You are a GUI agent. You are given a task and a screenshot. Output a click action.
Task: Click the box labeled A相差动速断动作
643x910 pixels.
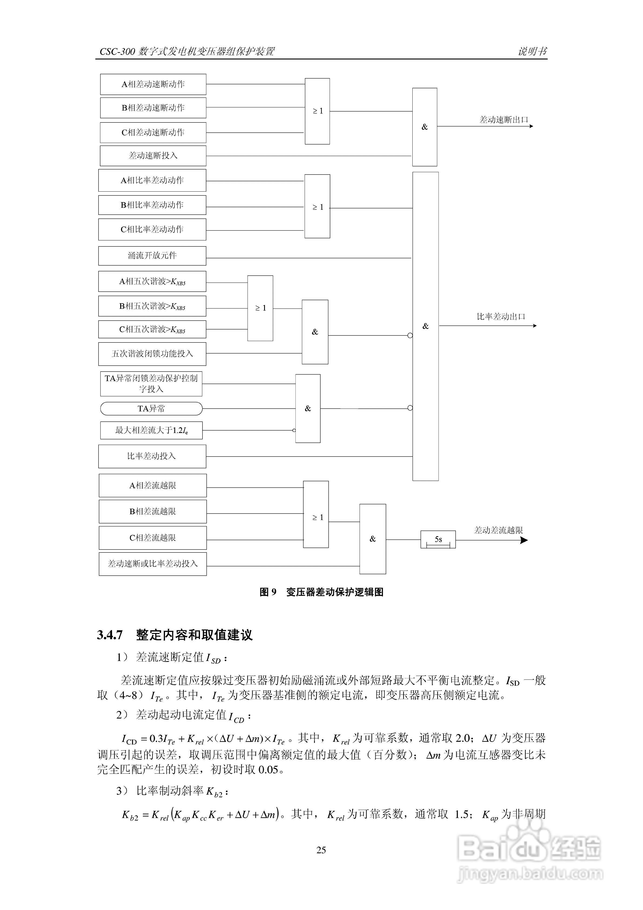coord(153,84)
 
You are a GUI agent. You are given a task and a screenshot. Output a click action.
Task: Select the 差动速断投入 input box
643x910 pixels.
coord(153,155)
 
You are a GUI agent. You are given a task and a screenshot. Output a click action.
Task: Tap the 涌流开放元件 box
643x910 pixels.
coord(152,256)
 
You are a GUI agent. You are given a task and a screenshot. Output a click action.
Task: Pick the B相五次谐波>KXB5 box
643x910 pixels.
coord(152,306)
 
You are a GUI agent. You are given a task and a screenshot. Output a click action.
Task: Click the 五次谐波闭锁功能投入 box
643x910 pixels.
coord(152,354)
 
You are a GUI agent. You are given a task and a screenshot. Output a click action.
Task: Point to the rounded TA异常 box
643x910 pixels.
coord(151,408)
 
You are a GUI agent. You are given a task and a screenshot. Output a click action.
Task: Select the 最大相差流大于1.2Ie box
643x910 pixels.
coord(151,430)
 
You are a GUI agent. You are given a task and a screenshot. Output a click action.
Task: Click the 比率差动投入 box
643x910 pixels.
coord(152,456)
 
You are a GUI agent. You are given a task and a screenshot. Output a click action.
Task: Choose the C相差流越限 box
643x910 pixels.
coord(153,538)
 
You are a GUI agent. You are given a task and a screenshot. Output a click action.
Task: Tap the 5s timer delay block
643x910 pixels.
coord(438,539)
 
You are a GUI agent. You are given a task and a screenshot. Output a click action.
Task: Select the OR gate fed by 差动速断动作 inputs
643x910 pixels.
coord(317,111)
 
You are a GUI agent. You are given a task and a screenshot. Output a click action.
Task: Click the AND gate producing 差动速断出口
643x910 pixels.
coord(425,127)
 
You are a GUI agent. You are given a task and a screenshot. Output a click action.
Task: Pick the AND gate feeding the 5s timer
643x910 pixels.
coord(373,539)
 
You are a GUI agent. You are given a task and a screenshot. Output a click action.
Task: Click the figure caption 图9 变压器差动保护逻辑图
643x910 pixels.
coord(321,592)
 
